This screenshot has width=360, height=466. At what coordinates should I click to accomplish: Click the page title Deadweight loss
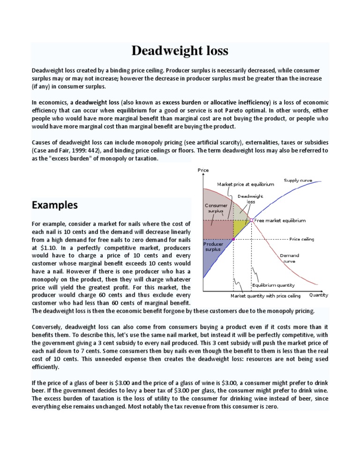(x=180, y=51)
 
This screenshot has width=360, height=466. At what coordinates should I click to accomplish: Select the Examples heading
(x=55, y=205)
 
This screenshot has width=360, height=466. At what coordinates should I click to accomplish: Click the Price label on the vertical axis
(x=203, y=170)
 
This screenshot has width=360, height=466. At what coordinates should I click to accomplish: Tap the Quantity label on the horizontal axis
(x=318, y=295)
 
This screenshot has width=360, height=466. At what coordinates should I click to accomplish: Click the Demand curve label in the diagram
(x=289, y=258)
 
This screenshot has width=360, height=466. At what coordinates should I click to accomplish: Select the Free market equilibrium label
(x=280, y=220)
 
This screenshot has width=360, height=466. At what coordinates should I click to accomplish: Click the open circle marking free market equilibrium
(x=252, y=220)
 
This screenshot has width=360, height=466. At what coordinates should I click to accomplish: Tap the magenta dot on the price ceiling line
(x=233, y=239)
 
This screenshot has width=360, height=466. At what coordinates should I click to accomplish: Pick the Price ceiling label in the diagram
(x=302, y=239)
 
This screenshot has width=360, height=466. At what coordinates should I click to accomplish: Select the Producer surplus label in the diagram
(x=212, y=247)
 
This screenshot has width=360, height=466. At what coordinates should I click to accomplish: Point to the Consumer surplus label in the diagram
(x=216, y=208)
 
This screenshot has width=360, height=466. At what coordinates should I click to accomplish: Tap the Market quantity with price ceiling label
(x=265, y=296)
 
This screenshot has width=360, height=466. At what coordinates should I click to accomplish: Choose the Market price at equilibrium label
(x=245, y=184)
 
